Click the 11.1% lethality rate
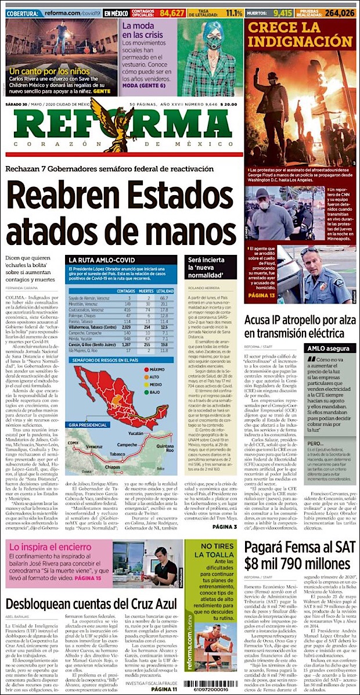coord(234,12)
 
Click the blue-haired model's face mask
coord(213,45)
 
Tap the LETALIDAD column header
coord(165,290)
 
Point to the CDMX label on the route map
coord(73,443)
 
